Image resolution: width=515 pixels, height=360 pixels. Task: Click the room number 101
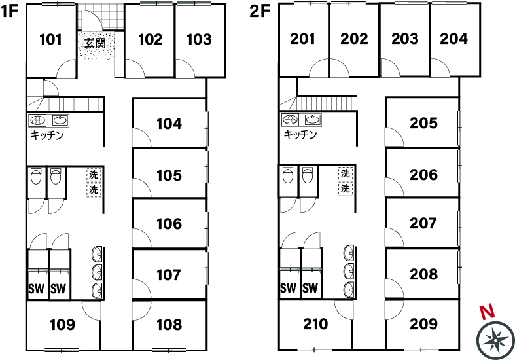50,39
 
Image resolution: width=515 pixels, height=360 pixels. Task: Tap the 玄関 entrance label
96,43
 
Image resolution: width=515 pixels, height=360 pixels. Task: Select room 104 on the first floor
169,124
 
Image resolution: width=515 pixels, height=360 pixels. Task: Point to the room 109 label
62,325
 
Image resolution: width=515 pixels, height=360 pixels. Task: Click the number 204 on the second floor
453,39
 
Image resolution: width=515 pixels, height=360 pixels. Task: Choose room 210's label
315,324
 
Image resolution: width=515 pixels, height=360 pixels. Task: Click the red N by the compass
488,312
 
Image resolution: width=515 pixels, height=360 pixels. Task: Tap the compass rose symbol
495,340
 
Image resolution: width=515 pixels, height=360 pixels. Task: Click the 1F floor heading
9,11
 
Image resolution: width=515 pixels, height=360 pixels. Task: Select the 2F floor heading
260,11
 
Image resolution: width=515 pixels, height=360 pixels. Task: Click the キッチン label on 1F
47,135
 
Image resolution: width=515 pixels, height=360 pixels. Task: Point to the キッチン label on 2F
300,134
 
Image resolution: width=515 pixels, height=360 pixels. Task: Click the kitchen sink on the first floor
60,120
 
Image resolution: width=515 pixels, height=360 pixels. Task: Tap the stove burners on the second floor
290,120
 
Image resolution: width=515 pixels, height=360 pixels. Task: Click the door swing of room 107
141,289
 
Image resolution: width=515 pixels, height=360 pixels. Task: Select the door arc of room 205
395,137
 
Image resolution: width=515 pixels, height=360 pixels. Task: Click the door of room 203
390,67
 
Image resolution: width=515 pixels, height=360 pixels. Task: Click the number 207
423,223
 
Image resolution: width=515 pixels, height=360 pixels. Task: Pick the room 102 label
151,39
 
